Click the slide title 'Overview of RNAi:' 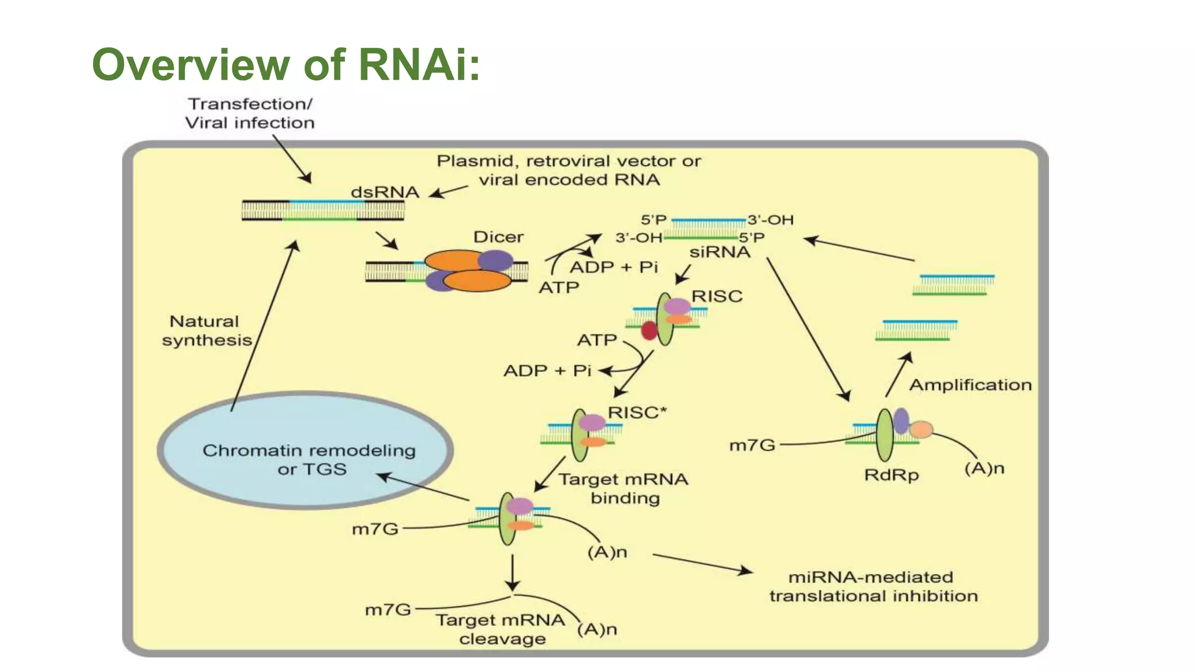point(286,64)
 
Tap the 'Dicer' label point(498,237)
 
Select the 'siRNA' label point(719,252)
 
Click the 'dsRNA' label point(385,192)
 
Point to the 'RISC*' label point(637,412)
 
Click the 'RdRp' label point(891,475)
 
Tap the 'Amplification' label point(970,385)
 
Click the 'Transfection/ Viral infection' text point(250,113)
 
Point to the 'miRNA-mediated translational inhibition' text point(873,586)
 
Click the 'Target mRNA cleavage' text point(501,629)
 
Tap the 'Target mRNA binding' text point(624,488)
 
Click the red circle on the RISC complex point(649,331)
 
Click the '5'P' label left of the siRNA point(654,220)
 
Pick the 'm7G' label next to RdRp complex point(752,446)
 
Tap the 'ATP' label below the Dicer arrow point(558,287)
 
